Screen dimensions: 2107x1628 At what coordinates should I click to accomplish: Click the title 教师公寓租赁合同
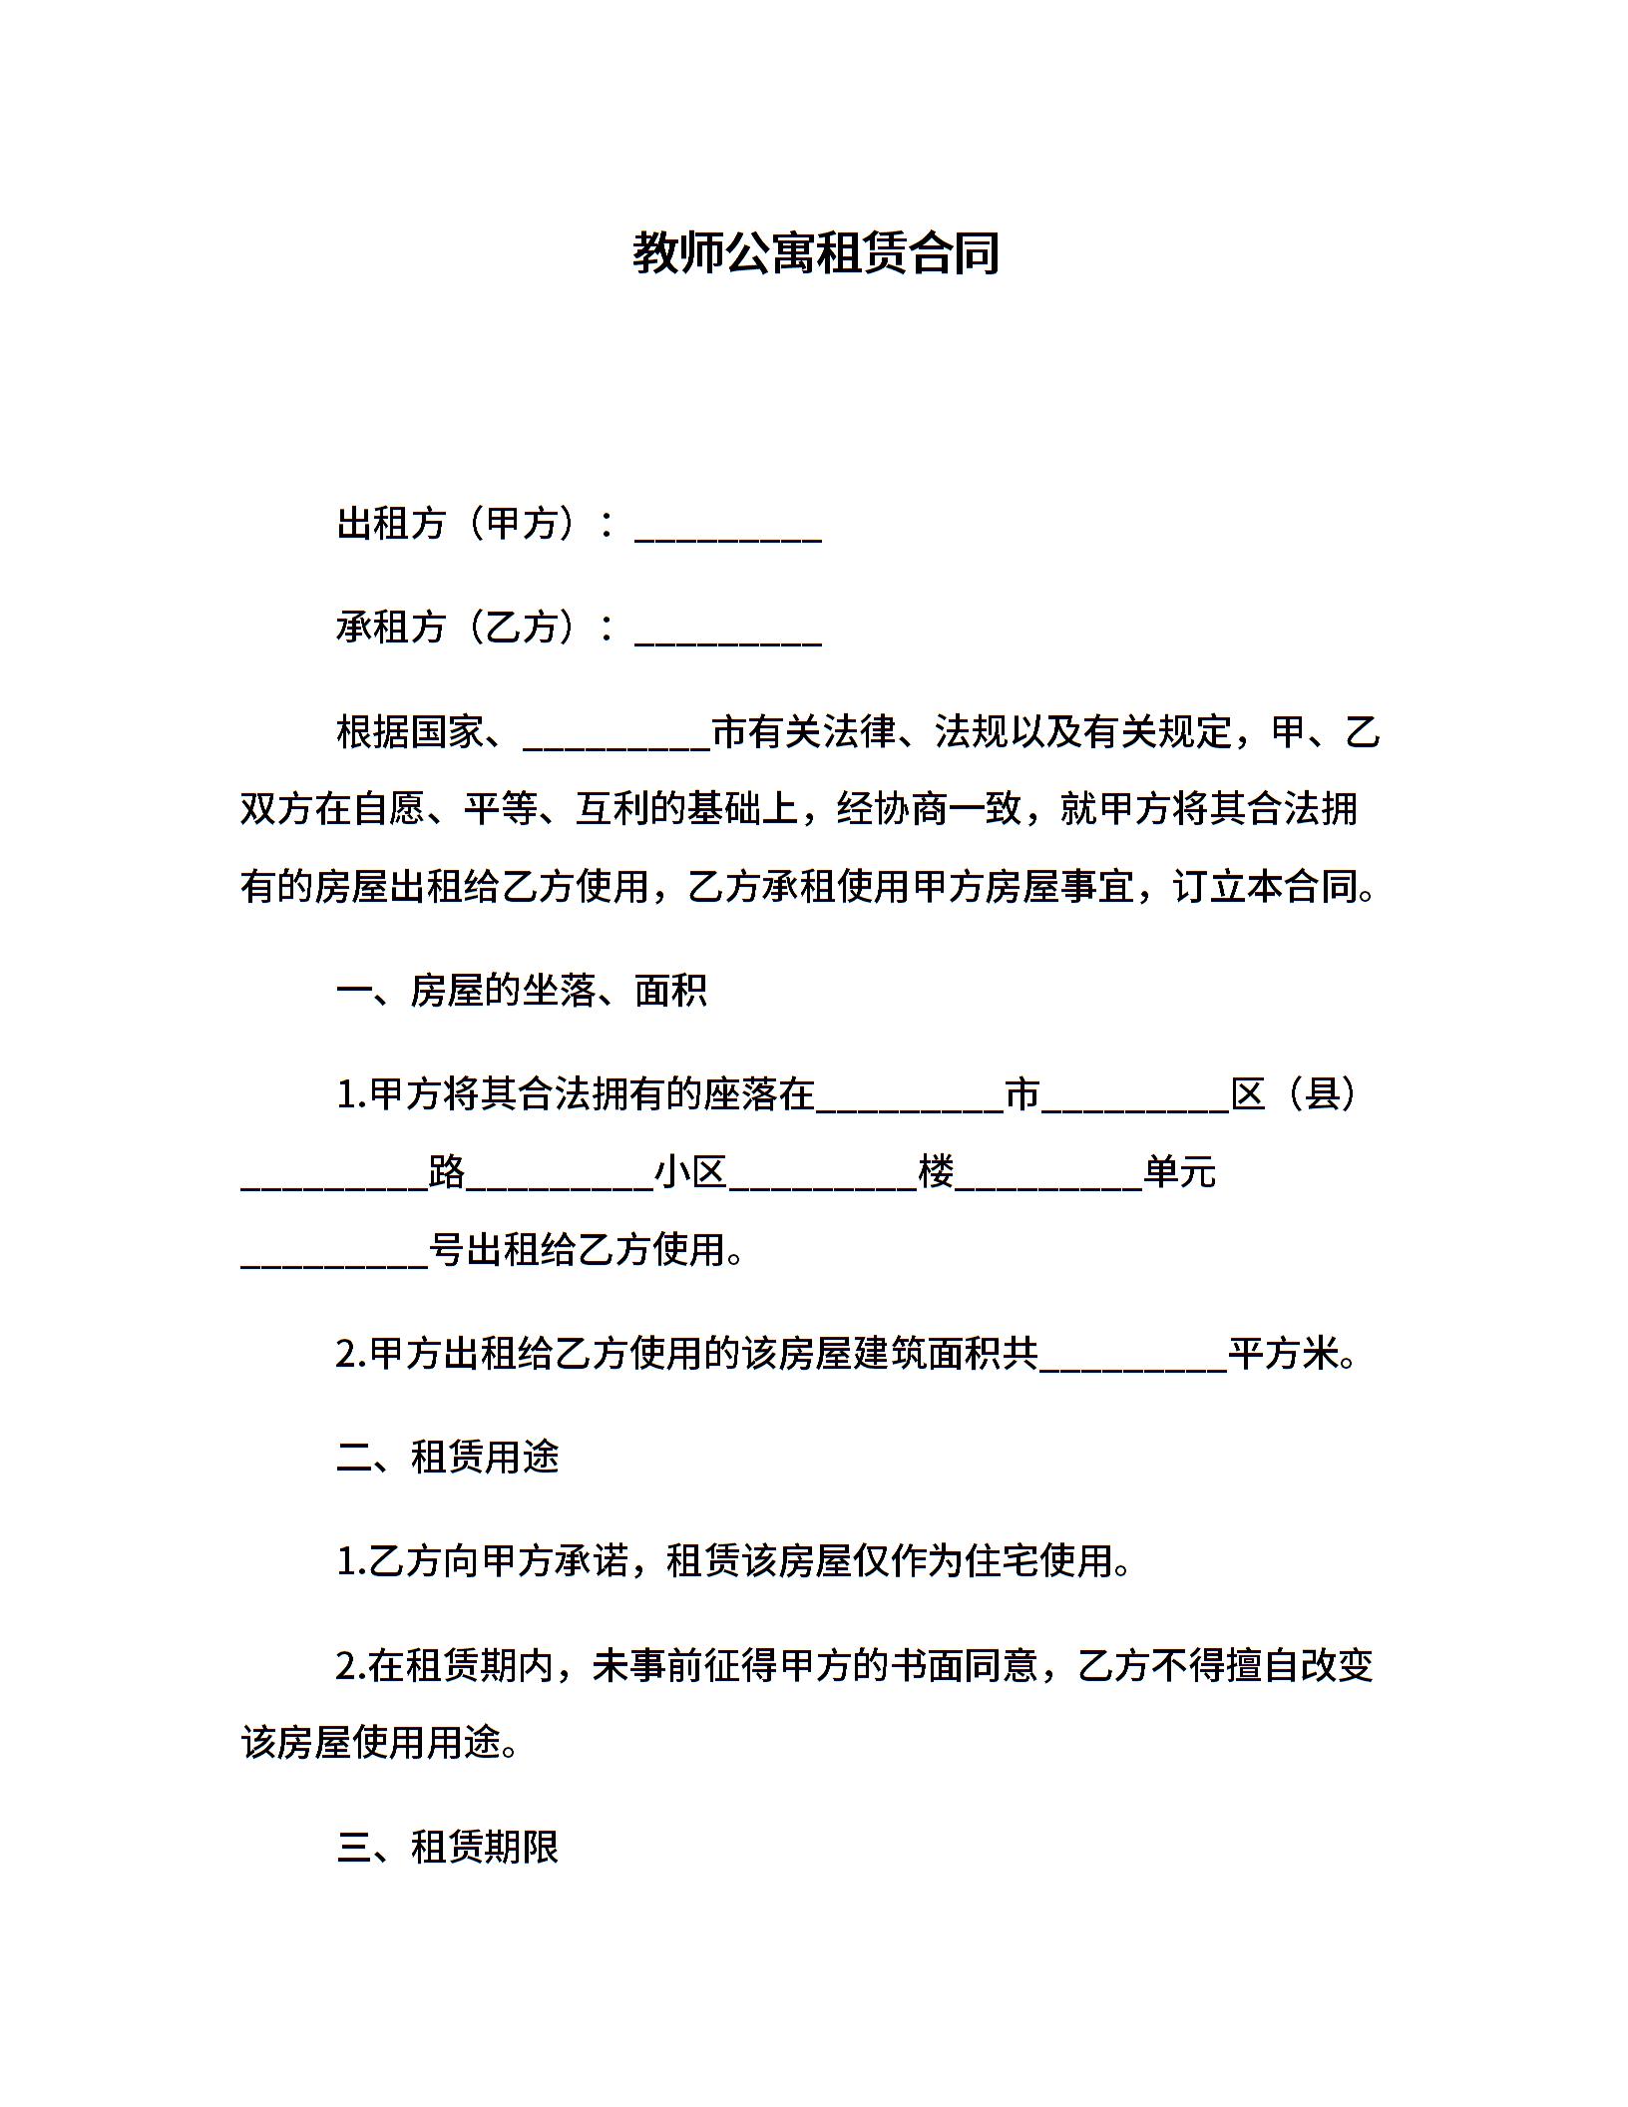[815, 253]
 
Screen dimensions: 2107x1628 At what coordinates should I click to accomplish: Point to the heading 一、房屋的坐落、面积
[522, 991]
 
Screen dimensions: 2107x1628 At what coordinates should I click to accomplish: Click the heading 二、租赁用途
[448, 1458]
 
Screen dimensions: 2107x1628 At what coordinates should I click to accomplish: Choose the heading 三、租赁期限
[448, 1848]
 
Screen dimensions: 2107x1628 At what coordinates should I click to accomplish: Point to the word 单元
[1180, 1172]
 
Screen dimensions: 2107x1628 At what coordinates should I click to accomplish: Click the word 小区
[690, 1172]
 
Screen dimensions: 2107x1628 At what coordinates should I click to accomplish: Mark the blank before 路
[334, 1177]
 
